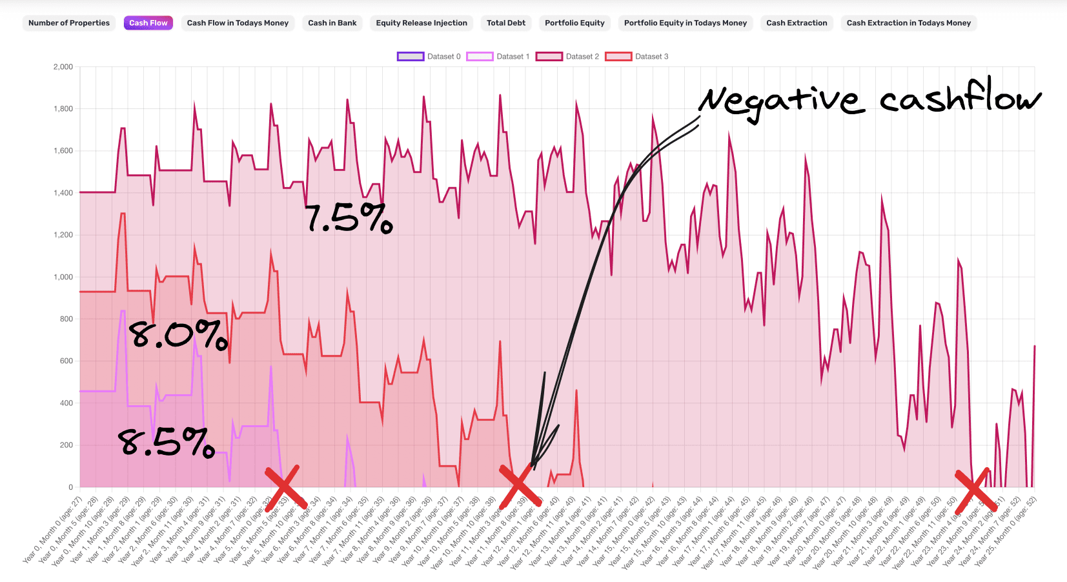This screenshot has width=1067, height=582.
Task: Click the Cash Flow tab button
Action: click(148, 23)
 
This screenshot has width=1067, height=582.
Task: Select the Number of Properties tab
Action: click(69, 23)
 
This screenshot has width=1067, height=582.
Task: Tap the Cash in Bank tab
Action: click(332, 23)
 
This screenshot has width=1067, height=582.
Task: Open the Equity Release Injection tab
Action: click(422, 23)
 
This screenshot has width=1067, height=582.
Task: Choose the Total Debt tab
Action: click(506, 23)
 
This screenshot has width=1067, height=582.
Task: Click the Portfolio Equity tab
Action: click(574, 23)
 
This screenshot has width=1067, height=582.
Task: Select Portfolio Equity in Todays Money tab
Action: click(685, 23)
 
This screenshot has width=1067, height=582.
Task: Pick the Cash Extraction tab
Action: click(797, 23)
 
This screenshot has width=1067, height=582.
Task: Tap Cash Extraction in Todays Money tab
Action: click(908, 23)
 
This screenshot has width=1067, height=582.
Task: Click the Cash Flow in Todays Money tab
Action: click(238, 23)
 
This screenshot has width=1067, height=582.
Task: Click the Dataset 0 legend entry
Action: click(429, 57)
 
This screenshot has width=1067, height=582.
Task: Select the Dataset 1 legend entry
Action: click(498, 57)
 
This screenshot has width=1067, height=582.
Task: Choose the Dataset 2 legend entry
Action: click(567, 57)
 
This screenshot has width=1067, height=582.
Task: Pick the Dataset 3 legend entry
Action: click(636, 57)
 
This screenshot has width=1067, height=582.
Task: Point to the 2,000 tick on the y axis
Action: click(63, 67)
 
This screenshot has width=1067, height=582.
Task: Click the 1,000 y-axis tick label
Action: click(63, 277)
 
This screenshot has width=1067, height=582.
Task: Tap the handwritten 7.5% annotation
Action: click(349, 218)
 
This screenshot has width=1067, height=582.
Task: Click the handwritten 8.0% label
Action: click(178, 335)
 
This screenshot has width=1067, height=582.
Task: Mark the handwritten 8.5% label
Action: click(166, 443)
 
